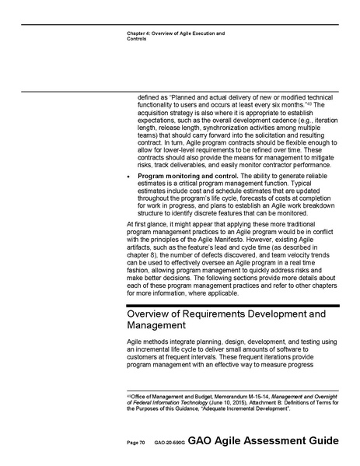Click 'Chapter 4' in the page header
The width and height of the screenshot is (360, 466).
(138, 33)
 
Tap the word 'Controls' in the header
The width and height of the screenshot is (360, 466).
(136, 39)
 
